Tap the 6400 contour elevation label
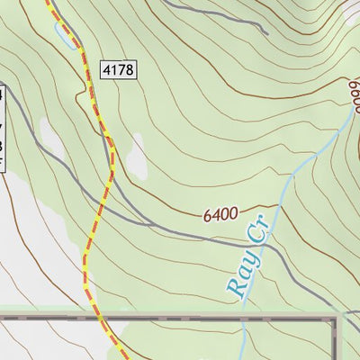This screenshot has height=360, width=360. tap(220, 215)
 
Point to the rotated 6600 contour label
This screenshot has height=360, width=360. tap(354, 90)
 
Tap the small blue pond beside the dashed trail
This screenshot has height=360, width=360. tap(65, 35)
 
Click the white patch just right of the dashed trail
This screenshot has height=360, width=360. tap(136, 158)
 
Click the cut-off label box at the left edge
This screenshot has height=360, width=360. tap(3, 126)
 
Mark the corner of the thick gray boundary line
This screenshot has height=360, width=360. tap(337, 319)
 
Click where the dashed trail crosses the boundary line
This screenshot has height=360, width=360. tap(97, 318)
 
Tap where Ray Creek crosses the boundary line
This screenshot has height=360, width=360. tap(244, 318)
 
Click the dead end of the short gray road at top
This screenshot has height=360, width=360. tap(266, 32)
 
